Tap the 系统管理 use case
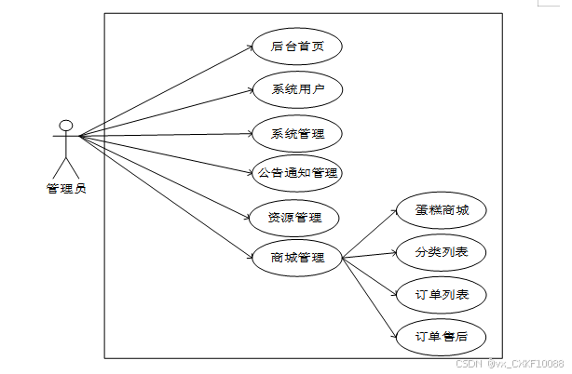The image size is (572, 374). [297, 134]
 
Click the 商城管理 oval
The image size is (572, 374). [297, 258]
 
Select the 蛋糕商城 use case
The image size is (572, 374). [442, 210]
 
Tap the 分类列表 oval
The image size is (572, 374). [442, 252]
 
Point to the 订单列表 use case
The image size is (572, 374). [442, 296]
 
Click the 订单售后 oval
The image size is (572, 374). [442, 336]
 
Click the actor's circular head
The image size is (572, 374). [65, 126]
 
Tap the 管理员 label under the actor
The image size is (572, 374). [66, 189]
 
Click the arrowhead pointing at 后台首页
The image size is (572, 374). [250, 47]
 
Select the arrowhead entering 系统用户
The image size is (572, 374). [250, 90]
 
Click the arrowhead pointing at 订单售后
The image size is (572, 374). [392, 333]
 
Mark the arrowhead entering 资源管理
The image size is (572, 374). [247, 217]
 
